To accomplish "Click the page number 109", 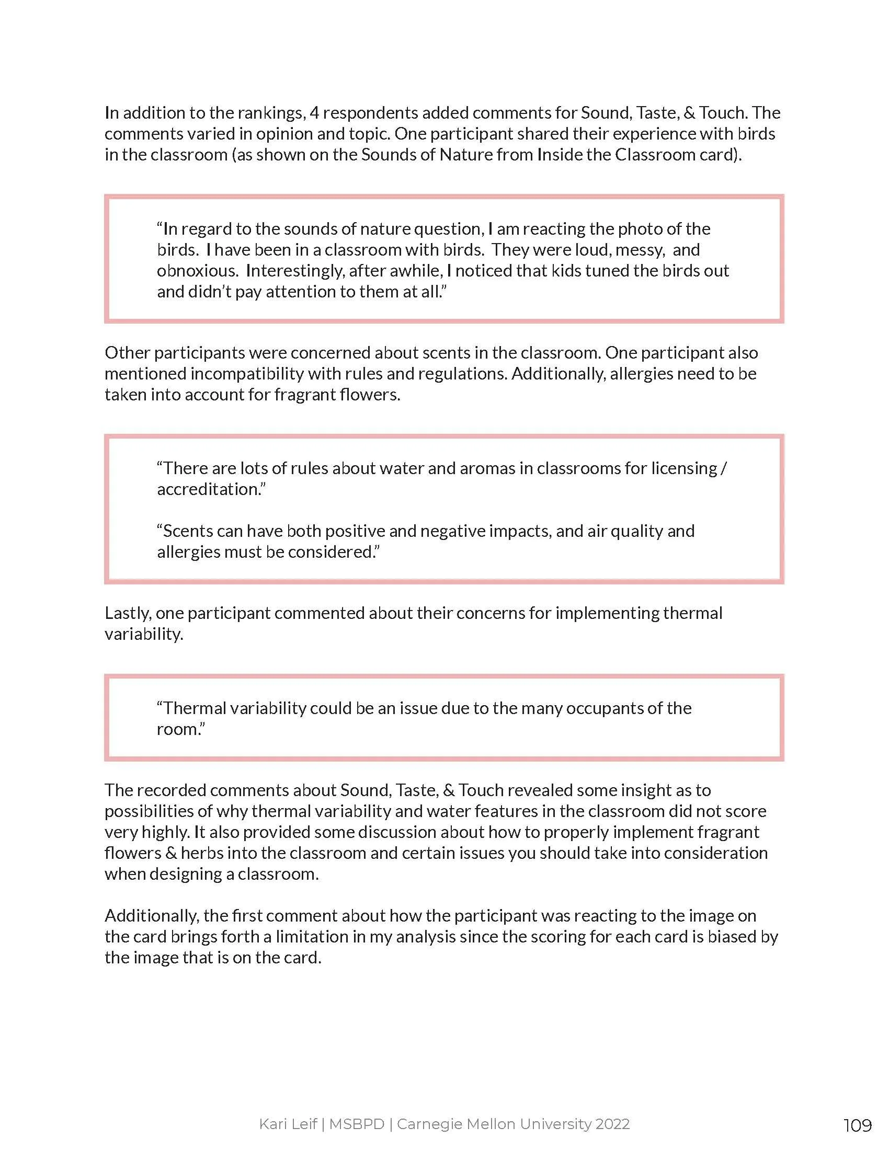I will [x=858, y=1125].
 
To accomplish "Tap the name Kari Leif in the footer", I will [x=288, y=1124].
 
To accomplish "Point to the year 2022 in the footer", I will [x=612, y=1124].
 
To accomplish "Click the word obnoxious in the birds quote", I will [x=198, y=271].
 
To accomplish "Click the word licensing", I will [x=684, y=468].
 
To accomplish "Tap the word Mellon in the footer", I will [x=470, y=1124].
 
